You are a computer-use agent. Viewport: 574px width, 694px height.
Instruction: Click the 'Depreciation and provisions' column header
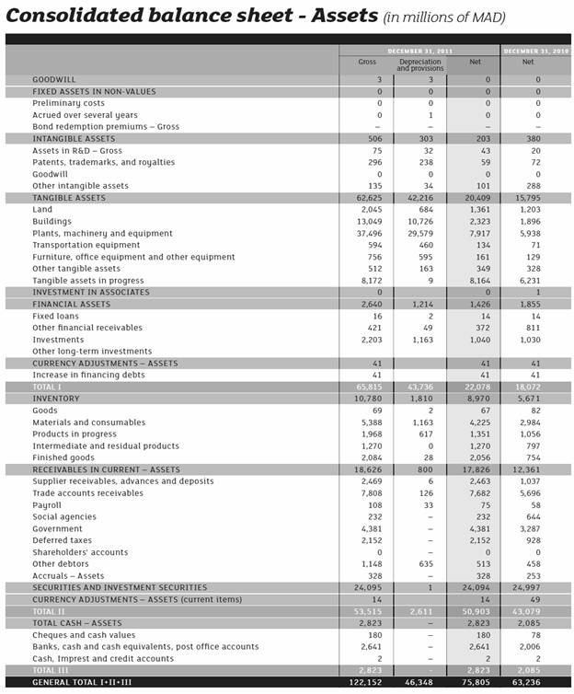coord(420,65)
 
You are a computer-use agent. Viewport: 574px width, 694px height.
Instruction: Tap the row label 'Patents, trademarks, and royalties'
coord(103,162)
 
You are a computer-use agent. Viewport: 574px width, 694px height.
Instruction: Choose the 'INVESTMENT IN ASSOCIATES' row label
coord(91,292)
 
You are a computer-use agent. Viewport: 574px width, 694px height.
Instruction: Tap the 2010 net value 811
coord(533,328)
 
